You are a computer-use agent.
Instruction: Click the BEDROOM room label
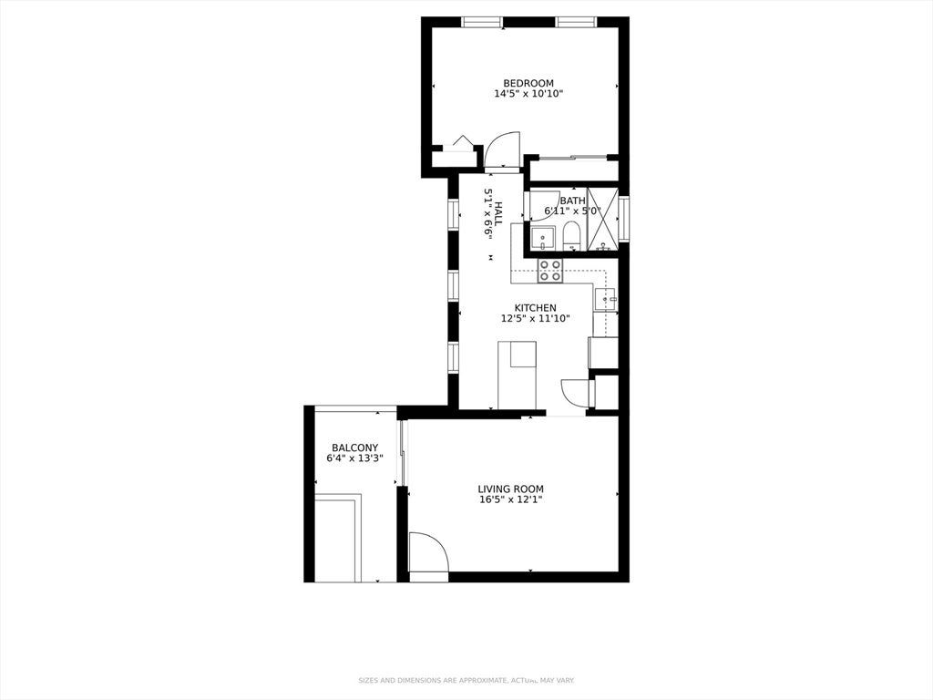coord(528,83)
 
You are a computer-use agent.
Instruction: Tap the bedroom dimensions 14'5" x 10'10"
coord(528,94)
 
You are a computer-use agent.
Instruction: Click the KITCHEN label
coord(536,308)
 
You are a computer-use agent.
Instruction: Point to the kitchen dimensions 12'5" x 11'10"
coord(536,318)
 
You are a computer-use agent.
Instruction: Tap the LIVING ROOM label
coord(510,489)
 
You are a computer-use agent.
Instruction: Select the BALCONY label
coord(354,448)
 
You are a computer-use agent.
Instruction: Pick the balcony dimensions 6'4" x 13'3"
coord(354,458)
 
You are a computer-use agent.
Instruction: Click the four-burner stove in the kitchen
coord(549,271)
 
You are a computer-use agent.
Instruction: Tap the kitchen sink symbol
coord(606,299)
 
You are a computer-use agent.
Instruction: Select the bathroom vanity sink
coord(542,239)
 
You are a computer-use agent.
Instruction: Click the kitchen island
coord(518,375)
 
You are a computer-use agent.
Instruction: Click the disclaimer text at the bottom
coord(466,680)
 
